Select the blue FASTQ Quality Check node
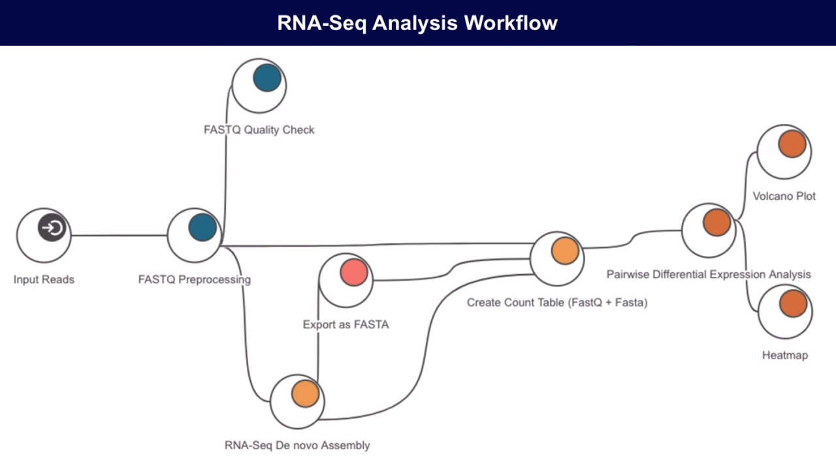(266, 78)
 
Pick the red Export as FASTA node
(354, 272)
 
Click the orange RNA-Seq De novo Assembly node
(305, 394)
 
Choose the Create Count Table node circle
(565, 251)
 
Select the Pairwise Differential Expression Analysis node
(716, 223)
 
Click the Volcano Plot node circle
(792, 144)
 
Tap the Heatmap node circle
(793, 304)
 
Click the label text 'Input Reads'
(44, 279)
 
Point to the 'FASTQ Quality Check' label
(259, 130)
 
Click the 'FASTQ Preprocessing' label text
(194, 279)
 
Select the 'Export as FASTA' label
(346, 324)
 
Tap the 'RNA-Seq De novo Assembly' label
(297, 445)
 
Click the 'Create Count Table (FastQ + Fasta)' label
(557, 302)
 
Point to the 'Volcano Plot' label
(784, 196)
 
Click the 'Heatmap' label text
(784, 355)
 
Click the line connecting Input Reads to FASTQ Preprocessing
(118, 235)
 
